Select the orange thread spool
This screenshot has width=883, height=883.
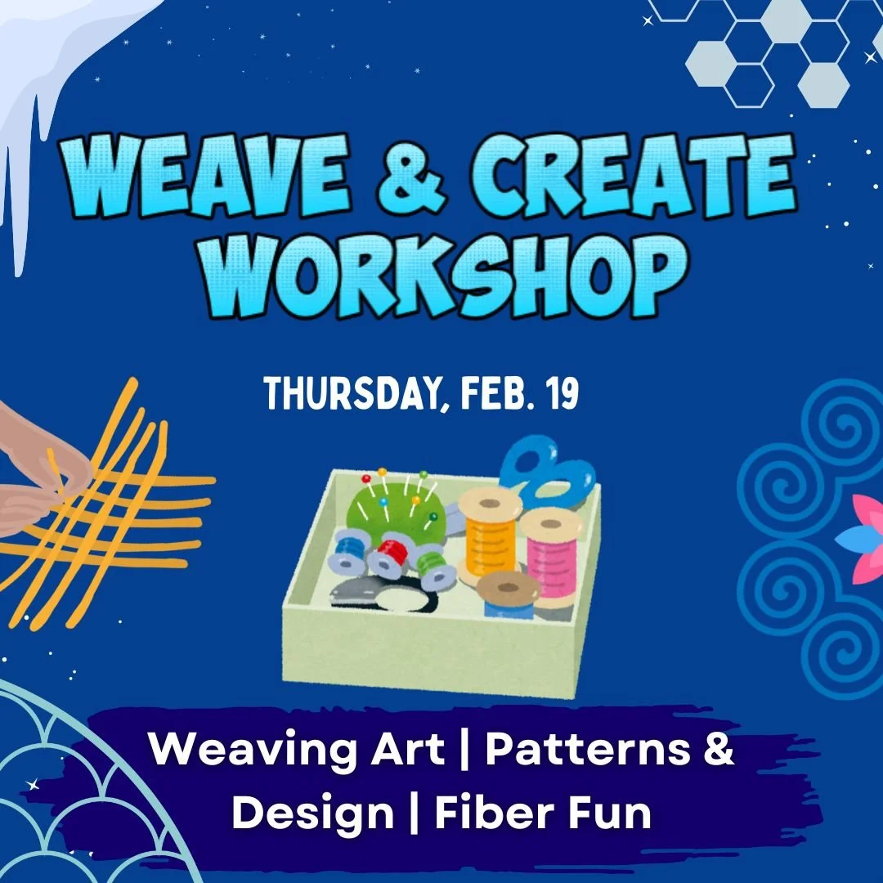pyautogui.click(x=490, y=535)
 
